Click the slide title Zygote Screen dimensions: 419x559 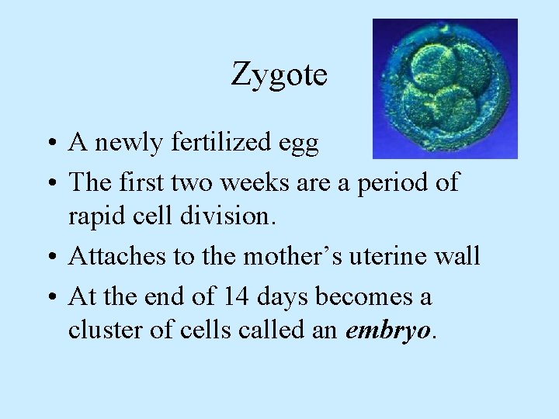[279, 75]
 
